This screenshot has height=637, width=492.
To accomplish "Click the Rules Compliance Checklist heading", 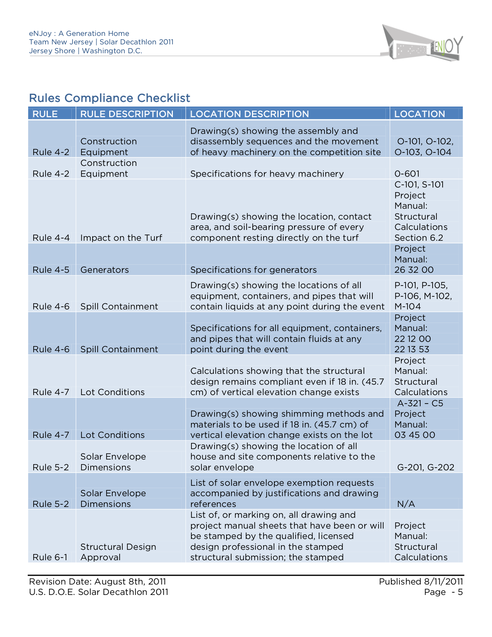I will [110, 98].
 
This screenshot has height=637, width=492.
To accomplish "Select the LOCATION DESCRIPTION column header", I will [249, 114].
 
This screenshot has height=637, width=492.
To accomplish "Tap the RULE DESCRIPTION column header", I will [127, 114].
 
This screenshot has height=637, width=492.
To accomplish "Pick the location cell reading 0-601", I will [407, 174].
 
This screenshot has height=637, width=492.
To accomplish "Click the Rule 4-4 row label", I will [51, 238].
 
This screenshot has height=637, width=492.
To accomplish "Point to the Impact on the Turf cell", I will [121, 238].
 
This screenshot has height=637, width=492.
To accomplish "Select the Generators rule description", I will [105, 270].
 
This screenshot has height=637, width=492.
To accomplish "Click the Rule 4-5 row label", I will [51, 270].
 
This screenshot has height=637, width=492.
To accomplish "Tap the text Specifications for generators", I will [253, 270].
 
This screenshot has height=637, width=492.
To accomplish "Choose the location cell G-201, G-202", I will [425, 468].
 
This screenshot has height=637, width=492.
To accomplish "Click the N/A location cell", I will [406, 504].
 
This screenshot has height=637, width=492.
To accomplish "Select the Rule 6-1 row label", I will [50, 558].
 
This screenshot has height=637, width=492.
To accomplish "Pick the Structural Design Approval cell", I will [118, 552].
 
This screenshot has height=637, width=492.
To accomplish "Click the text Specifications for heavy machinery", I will [267, 174].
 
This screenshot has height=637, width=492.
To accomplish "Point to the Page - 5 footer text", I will [443, 592].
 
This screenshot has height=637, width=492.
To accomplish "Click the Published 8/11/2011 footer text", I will [421, 582].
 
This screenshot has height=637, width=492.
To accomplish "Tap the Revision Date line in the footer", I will [98, 582].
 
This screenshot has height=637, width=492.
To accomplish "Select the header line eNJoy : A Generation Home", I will [79, 34].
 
